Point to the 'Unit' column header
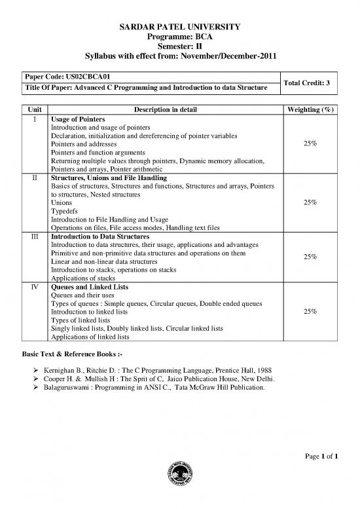pyautogui.click(x=35, y=109)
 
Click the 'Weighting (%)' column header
pyautogui.click(x=308, y=109)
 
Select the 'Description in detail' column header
pyautogui.click(x=163, y=109)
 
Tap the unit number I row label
pyautogui.click(x=35, y=119)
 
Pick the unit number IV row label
pyautogui.click(x=35, y=287)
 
